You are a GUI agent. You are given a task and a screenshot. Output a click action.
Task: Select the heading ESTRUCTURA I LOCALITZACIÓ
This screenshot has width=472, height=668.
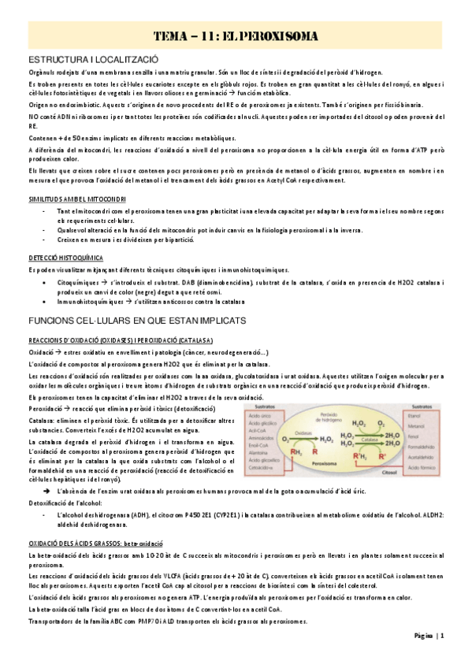tap(93, 60)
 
